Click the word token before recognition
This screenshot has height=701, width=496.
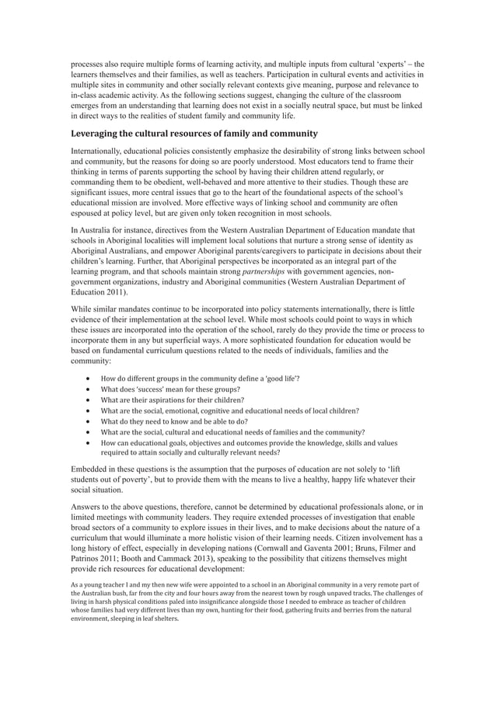click(x=237, y=213)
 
